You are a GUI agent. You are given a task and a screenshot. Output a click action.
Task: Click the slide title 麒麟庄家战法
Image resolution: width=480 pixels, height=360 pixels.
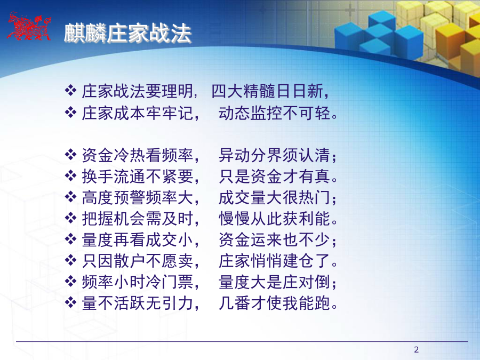coord(128,33)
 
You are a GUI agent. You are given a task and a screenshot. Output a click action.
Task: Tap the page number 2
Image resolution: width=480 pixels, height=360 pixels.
coord(417,349)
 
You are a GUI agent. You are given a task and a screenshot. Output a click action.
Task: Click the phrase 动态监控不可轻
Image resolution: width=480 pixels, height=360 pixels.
coord(274,113)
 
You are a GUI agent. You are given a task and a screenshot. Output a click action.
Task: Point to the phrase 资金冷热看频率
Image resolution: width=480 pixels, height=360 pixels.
coord(138,155)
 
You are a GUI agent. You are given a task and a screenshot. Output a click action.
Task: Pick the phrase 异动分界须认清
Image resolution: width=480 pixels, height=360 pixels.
coord(274,155)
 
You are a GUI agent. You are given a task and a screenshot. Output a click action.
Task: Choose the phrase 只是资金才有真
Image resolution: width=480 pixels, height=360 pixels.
coord(274,177)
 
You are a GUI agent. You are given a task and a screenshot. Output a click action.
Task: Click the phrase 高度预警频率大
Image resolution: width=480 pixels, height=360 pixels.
coord(138,197)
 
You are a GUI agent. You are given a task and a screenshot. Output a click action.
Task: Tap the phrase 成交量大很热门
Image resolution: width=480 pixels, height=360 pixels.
coord(274,197)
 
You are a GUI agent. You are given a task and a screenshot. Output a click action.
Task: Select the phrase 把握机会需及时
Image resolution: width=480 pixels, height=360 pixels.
coord(138,219)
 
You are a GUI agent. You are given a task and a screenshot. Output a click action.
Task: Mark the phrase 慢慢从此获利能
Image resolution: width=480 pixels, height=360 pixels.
coord(274,219)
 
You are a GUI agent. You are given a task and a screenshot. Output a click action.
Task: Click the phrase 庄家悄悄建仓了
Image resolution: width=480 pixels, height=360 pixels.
coord(274,261)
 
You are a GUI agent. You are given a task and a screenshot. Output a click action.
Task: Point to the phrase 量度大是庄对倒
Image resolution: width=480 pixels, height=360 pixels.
coord(274,282)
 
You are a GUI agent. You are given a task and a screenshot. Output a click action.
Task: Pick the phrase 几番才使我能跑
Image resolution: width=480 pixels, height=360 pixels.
coord(274,303)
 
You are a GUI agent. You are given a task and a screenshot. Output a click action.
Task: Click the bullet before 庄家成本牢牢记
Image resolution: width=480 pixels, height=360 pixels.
coord(71,113)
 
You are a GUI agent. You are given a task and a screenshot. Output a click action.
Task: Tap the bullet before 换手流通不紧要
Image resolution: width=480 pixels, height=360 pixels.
coord(71,175)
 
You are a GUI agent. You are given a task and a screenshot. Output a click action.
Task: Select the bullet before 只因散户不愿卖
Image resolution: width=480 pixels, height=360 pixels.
coord(71,260)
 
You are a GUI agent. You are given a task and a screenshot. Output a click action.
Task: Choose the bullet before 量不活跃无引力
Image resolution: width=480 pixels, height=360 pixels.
coord(71,302)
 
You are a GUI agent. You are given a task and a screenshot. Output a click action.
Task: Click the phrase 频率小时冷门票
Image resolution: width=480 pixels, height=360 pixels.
coord(138,282)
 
